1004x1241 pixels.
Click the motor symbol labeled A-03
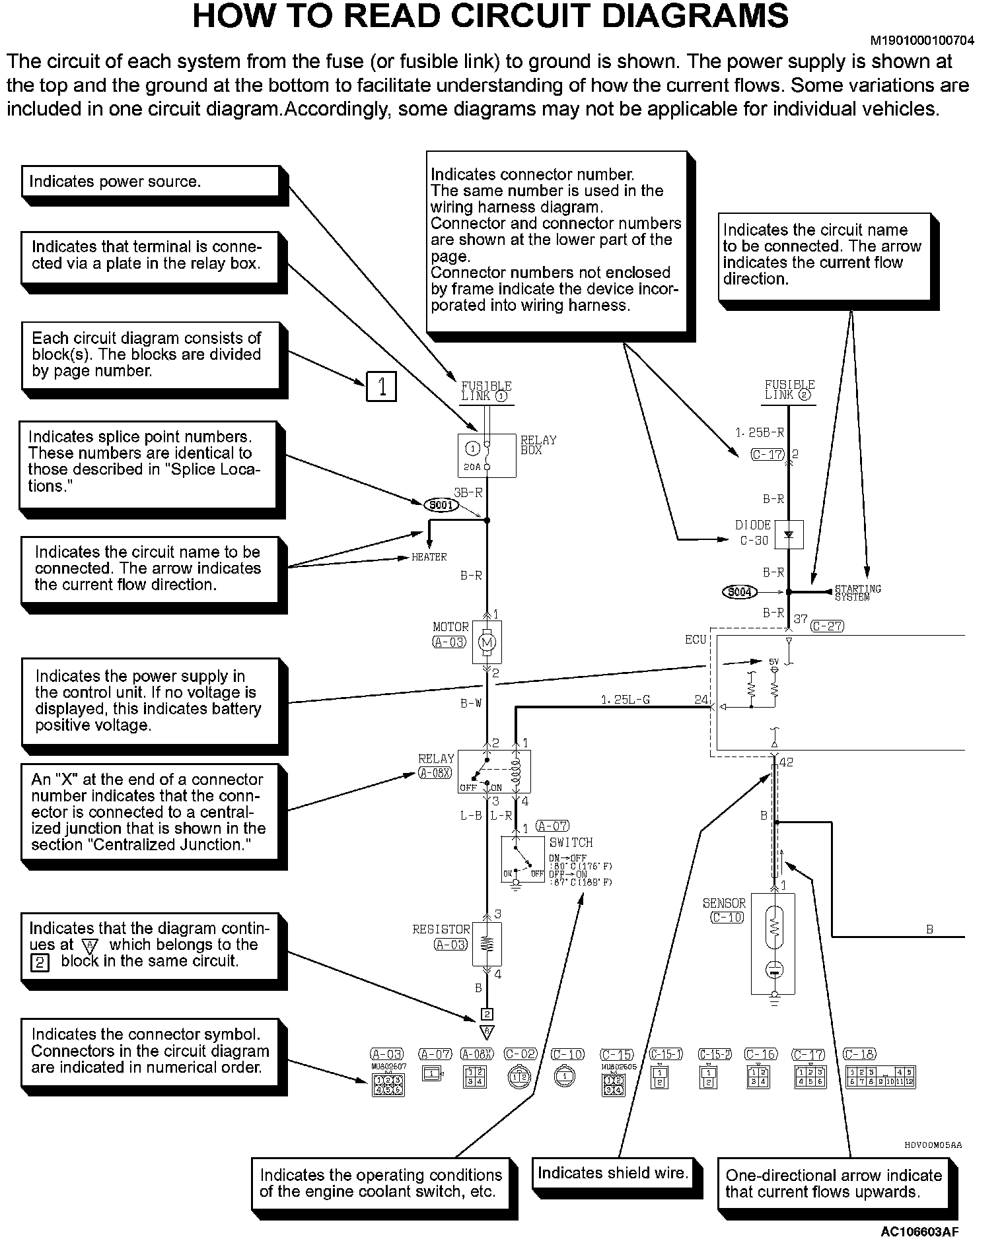[x=487, y=642]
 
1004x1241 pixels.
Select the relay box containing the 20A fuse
[x=487, y=455]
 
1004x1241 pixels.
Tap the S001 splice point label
[x=441, y=505]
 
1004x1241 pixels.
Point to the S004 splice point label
[x=739, y=591]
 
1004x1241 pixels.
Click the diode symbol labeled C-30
[x=788, y=535]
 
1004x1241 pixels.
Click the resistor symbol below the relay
[x=487, y=944]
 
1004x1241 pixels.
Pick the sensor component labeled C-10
[x=773, y=943]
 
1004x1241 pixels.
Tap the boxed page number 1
[x=381, y=386]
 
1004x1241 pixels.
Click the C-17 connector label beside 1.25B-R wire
[x=768, y=454]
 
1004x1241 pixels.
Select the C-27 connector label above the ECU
[x=827, y=626]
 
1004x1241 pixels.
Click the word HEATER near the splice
[x=429, y=557]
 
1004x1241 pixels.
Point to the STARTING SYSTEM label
[x=857, y=592]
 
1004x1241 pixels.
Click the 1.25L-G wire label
[x=625, y=700]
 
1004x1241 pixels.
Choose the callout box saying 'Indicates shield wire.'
[x=612, y=1173]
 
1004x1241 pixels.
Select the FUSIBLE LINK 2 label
[x=789, y=390]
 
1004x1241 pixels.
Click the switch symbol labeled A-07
[x=522, y=859]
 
